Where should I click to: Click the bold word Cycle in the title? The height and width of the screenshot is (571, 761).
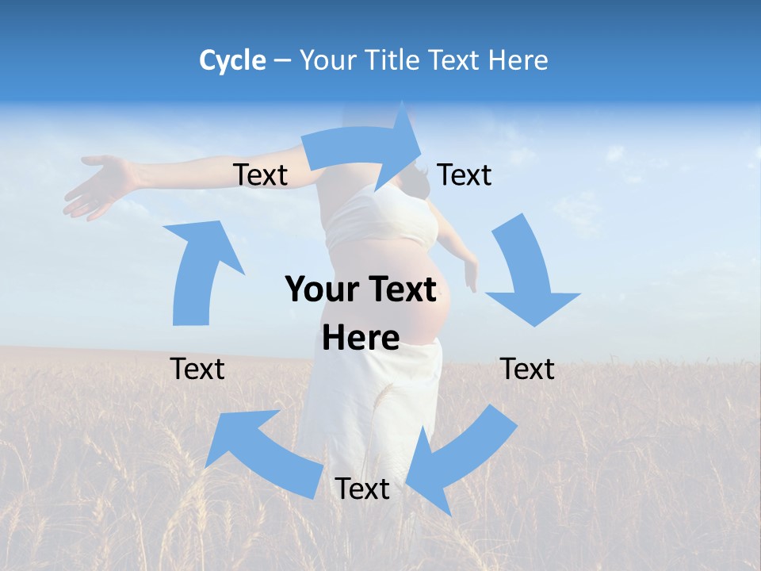pos(232,60)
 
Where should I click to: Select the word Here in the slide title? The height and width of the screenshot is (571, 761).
pos(518,60)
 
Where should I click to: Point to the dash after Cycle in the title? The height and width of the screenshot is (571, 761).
pos(282,61)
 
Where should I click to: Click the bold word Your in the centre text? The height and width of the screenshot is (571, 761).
pos(320,290)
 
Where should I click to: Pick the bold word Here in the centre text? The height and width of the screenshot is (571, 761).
pos(361,339)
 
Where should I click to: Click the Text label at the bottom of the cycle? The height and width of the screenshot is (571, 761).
pos(362,489)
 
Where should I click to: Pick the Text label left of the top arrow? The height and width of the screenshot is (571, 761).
pos(260,175)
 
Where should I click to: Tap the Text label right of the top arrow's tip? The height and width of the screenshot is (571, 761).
pos(465,174)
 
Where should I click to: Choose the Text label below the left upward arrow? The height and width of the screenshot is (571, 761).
pos(197,369)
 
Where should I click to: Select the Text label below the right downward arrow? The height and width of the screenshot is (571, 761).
pos(528,369)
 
